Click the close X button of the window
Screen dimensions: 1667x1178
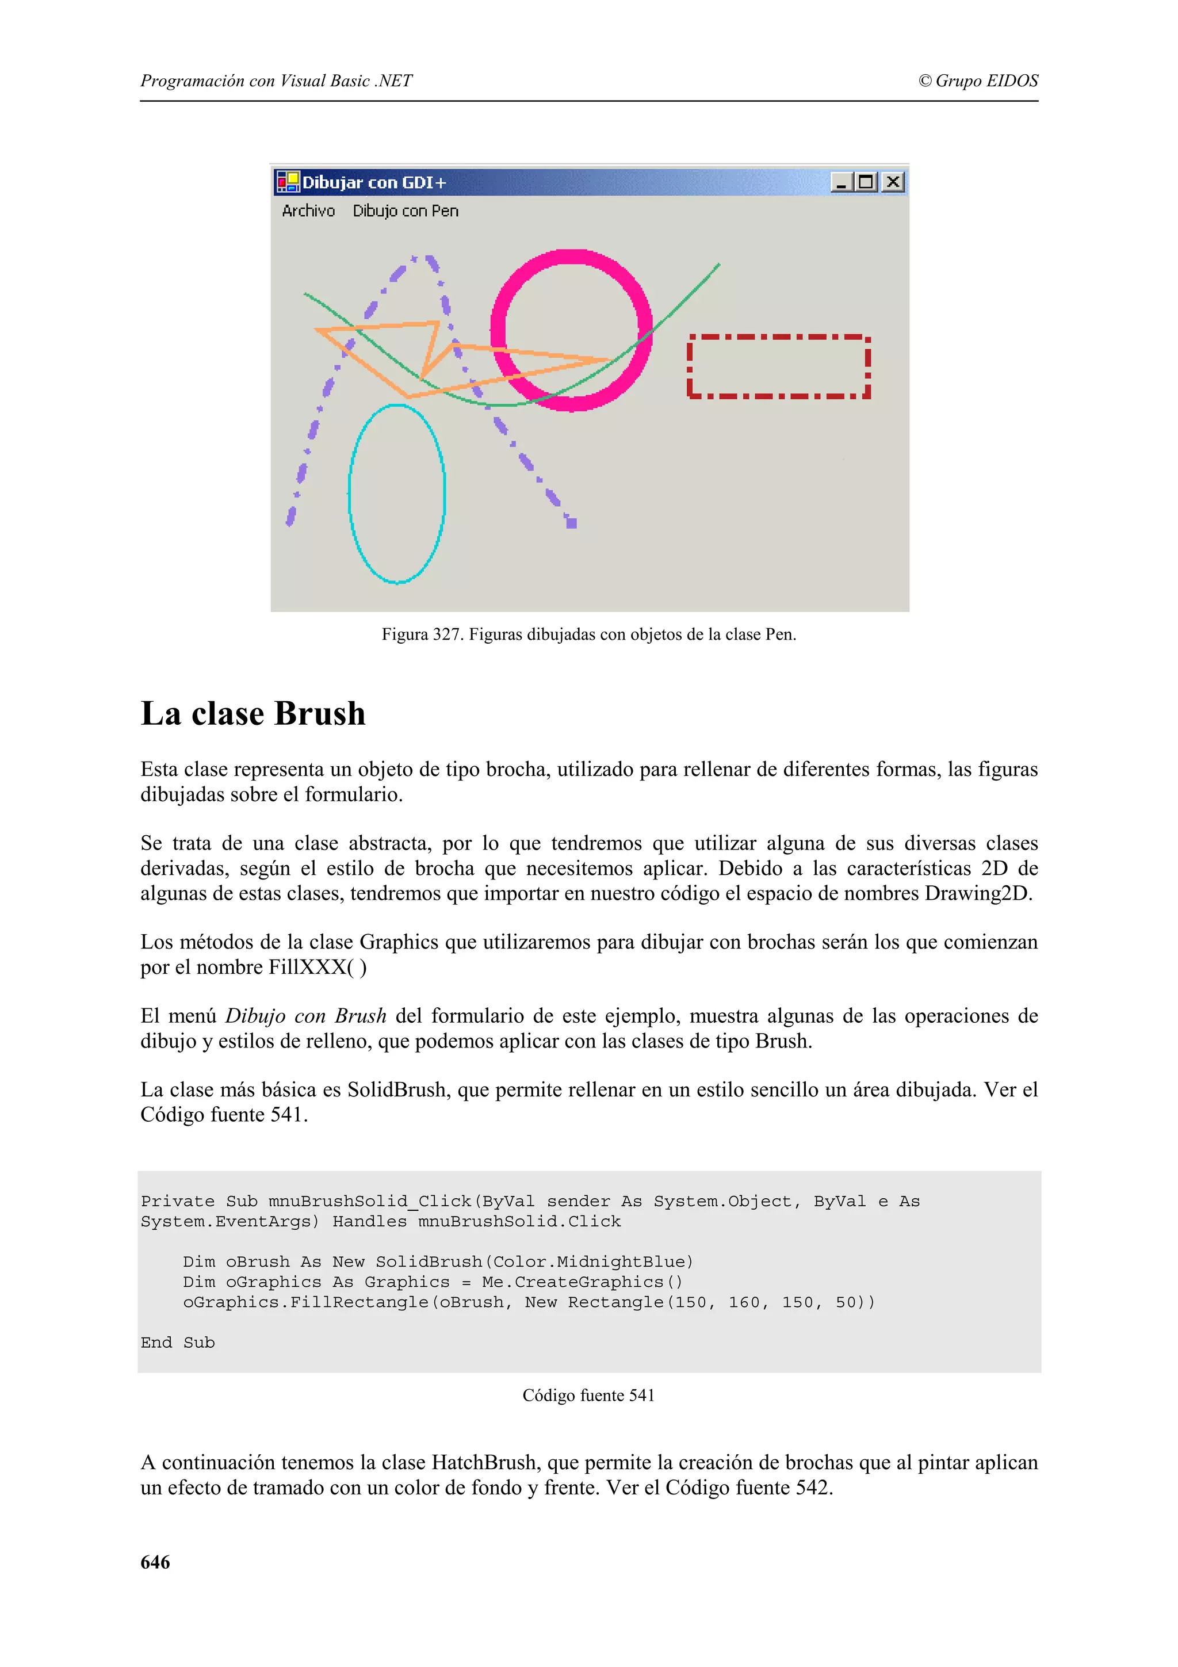[893, 182]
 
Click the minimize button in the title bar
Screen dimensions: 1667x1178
[841, 182]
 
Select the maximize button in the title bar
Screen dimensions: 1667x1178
[866, 182]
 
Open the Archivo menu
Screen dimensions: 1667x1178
[308, 211]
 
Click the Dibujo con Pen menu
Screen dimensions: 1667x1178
[406, 211]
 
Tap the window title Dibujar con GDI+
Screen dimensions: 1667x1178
[374, 182]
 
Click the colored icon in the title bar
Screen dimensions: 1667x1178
[288, 182]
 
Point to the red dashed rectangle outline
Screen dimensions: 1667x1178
[778, 338]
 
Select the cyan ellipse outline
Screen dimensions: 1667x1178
[350, 494]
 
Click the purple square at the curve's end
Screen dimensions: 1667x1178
[571, 523]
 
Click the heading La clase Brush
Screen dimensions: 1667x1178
[253, 713]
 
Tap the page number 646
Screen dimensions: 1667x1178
[155, 1562]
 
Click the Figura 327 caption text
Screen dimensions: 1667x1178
[588, 634]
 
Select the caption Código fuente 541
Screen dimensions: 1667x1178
[588, 1395]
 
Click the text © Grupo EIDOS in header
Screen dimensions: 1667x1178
[978, 81]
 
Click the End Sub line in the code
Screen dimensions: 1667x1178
[178, 1342]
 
